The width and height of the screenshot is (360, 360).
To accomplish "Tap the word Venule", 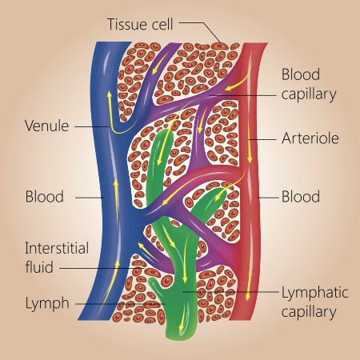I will pyautogui.click(x=47, y=126).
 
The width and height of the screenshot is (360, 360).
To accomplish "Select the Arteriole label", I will pyautogui.click(x=310, y=138).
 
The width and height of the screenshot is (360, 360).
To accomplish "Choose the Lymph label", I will pyautogui.click(x=45, y=303).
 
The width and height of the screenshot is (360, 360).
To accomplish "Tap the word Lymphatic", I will pyautogui.click(x=310, y=295).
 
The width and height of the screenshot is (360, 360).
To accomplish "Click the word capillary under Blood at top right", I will pyautogui.click(x=307, y=93).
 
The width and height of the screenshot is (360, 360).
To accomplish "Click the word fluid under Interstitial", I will pyautogui.click(x=39, y=266).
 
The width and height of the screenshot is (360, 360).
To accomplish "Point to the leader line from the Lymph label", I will pyautogui.click(x=120, y=303).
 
